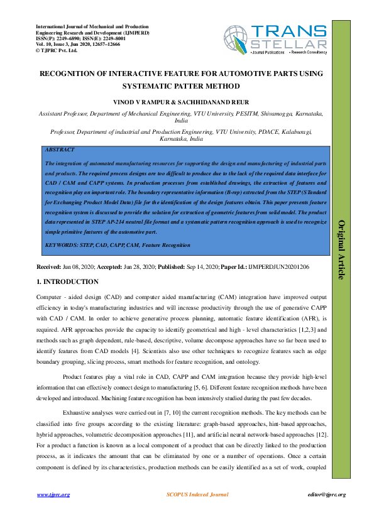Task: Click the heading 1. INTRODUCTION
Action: click(67, 281)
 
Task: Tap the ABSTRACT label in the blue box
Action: click(60, 150)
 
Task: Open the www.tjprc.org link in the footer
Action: click(53, 495)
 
